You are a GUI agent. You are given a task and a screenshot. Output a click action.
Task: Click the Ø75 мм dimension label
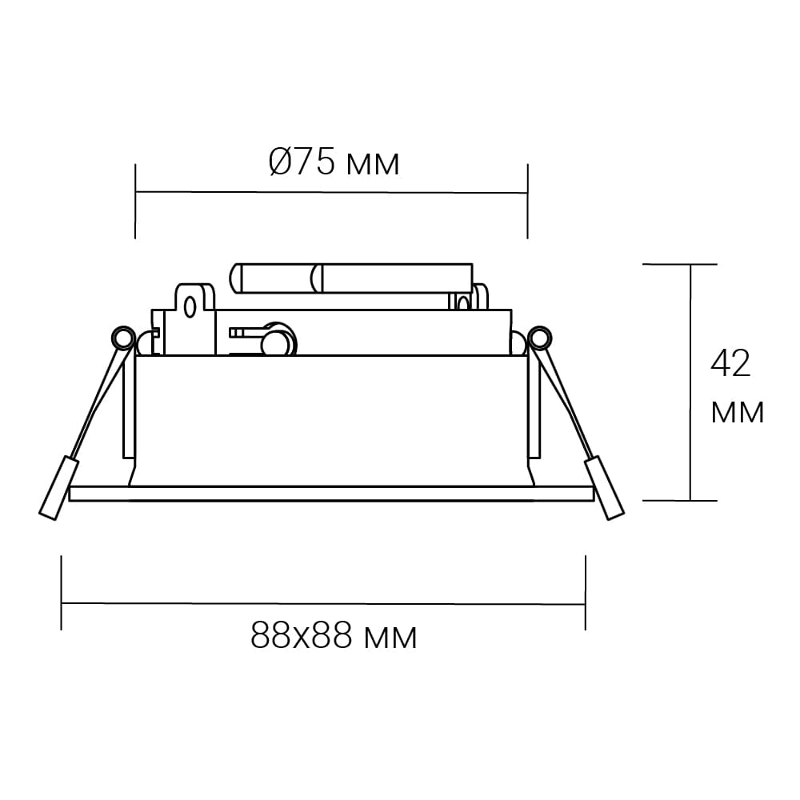pos(334,162)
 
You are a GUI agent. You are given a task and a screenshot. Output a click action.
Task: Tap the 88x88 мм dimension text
pos(334,636)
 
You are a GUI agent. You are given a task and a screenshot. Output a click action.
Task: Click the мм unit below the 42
pos(738,412)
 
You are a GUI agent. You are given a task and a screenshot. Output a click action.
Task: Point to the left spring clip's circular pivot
pos(123,338)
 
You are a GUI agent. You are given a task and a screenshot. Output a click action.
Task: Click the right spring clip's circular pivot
pos(540,338)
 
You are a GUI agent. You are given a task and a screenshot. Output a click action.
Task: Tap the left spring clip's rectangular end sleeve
pos(58,487)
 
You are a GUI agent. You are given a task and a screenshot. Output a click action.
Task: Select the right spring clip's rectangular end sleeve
pos(605,487)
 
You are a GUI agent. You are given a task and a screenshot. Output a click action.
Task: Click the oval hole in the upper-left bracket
pos(190,308)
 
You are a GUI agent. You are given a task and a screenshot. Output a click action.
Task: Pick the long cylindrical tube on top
pos(351,278)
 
